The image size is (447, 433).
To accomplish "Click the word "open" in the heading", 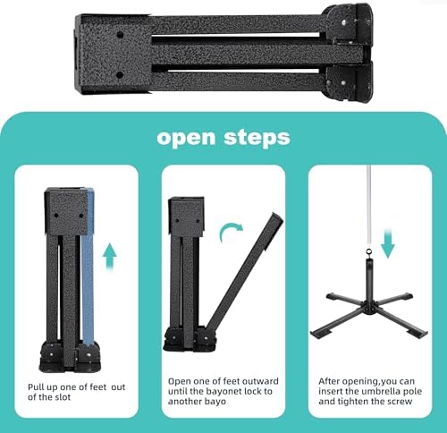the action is [186, 139].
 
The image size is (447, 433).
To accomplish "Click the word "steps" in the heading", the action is [257, 137].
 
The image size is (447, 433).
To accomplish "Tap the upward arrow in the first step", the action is [110, 257].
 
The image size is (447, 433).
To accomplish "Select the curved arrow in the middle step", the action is [230, 232].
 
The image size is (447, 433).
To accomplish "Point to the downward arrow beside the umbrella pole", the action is [388, 242].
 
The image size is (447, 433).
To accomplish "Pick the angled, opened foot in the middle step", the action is [244, 271].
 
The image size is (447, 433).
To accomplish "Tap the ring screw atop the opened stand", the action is [369, 252].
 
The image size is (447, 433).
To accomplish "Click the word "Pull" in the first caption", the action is [36, 387].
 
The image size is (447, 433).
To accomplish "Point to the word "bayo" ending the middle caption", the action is [215, 402].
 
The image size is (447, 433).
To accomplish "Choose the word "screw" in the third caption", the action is [400, 402].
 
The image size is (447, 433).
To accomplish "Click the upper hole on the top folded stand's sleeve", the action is [120, 35].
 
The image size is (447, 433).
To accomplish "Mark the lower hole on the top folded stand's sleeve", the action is [120, 75].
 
